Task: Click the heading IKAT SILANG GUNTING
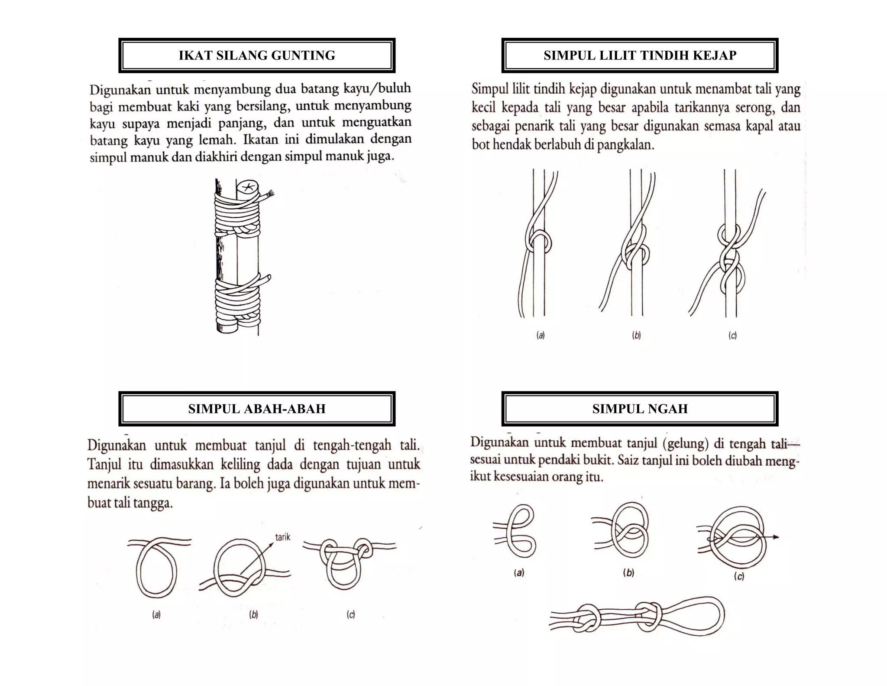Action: (257, 56)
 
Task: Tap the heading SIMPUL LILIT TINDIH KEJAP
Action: (640, 56)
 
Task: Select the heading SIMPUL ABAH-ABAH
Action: (257, 409)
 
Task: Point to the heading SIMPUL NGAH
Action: (640, 409)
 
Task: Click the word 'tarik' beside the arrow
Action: (283, 537)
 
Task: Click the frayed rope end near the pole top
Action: (270, 195)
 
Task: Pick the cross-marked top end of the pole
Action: (248, 187)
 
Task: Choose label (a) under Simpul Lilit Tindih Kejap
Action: (541, 335)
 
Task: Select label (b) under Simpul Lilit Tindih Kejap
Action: (636, 335)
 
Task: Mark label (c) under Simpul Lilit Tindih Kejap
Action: (732, 335)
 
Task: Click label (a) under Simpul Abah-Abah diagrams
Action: (156, 614)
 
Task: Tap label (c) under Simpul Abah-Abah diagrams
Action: (351, 614)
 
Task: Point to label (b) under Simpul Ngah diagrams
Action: (628, 573)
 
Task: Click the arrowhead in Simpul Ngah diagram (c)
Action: (775, 537)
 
